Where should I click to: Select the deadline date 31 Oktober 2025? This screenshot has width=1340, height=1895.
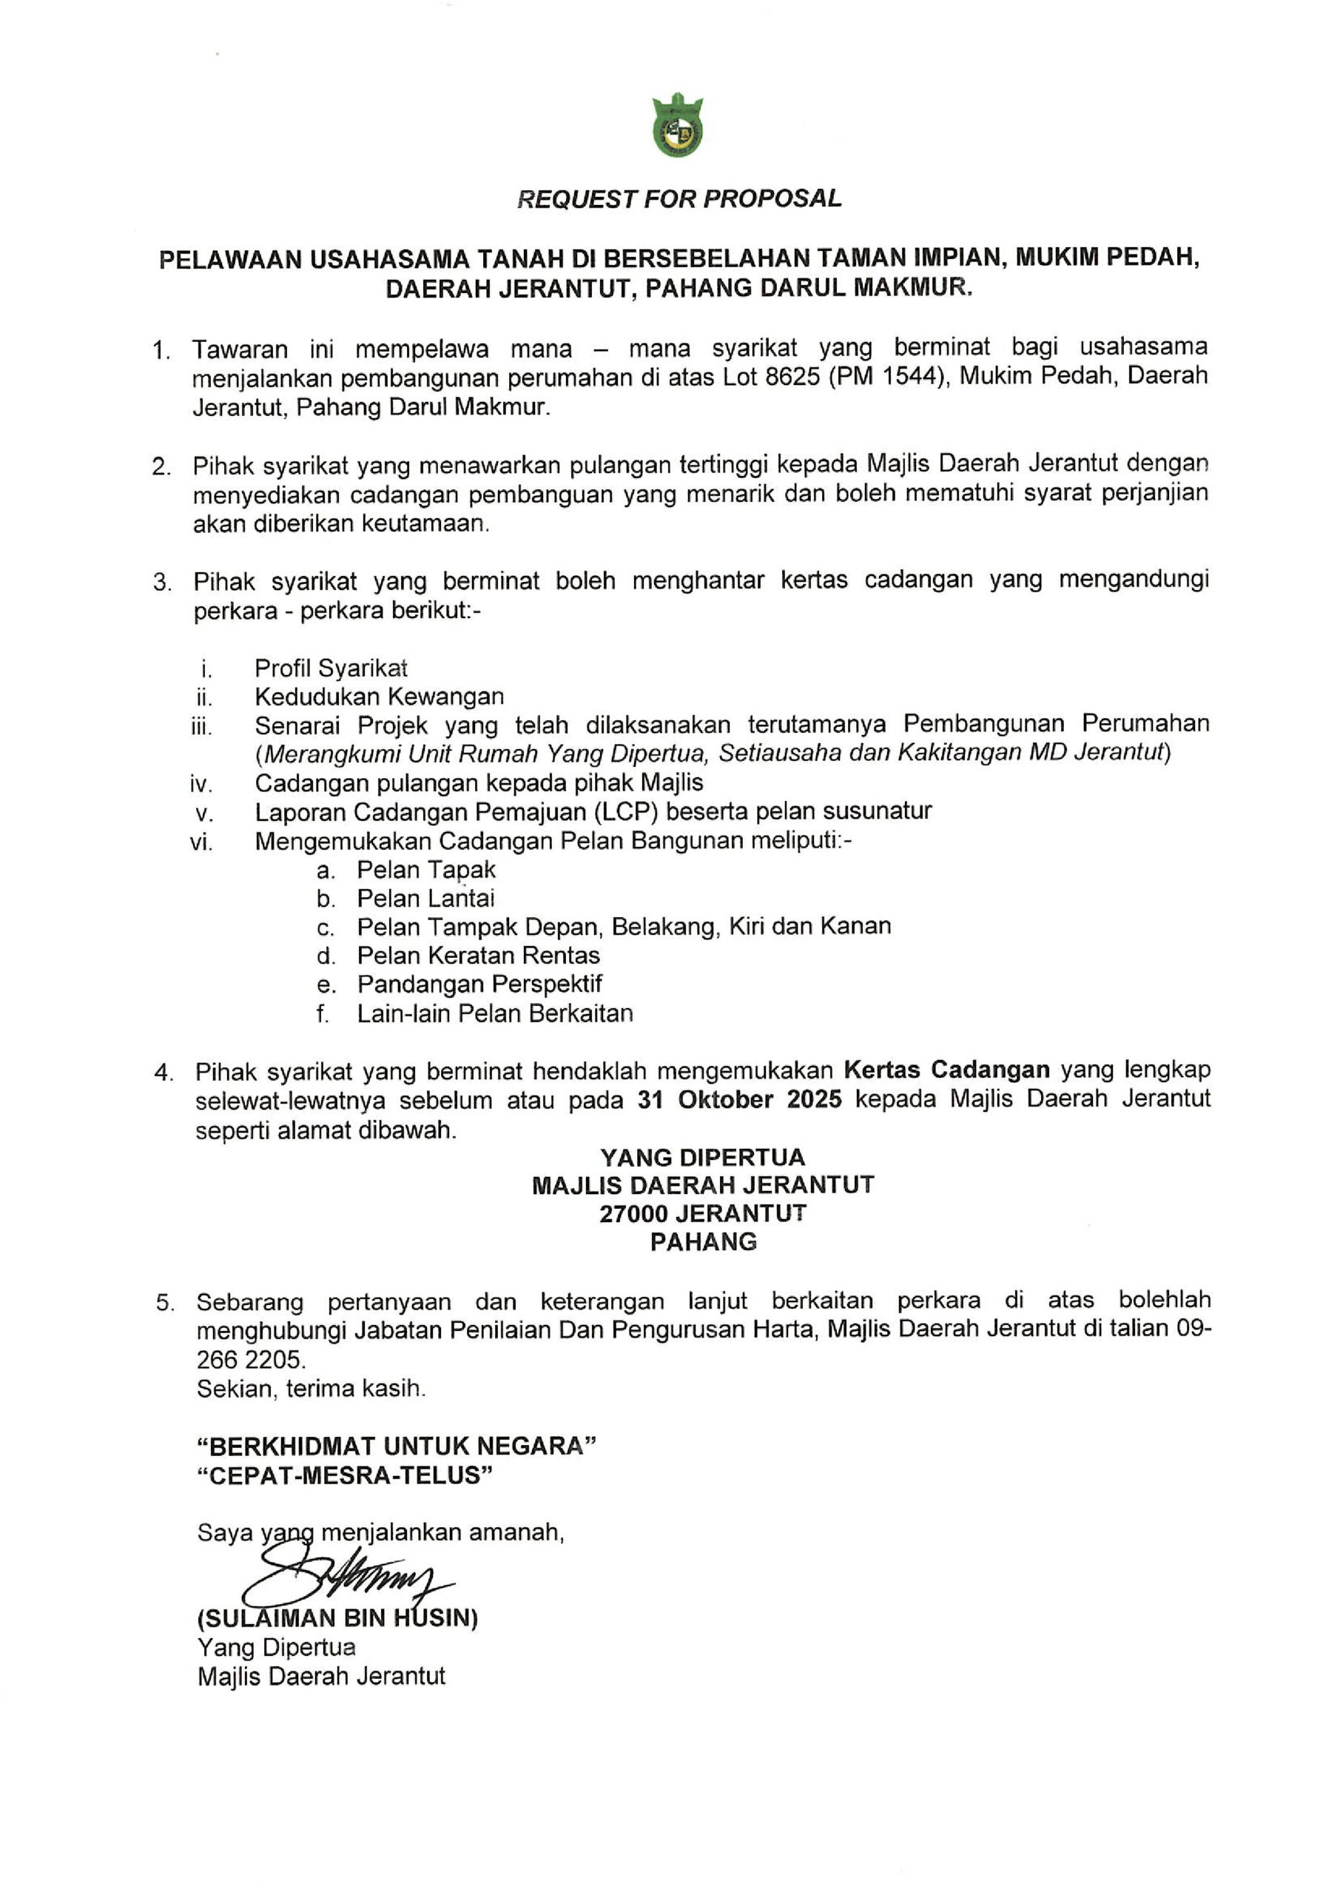(739, 1100)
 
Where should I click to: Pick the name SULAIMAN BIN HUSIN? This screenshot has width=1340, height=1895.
(337, 1617)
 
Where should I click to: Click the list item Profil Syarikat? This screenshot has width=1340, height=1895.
(330, 668)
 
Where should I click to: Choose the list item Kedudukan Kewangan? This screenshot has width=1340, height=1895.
(379, 697)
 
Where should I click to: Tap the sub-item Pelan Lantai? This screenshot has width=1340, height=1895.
(425, 898)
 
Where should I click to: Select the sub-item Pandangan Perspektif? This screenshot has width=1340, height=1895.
(479, 984)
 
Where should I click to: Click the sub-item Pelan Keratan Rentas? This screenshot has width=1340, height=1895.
(478, 955)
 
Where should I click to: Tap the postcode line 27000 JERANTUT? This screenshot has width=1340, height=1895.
(703, 1213)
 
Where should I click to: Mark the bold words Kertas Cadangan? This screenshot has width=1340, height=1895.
(946, 1070)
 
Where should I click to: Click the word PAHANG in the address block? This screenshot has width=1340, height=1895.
(703, 1242)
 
